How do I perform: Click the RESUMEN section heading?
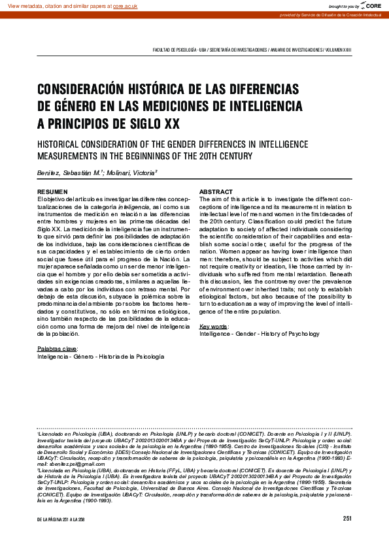pos(52,191)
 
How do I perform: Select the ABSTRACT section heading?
pos(216,191)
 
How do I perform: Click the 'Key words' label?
pos(214,326)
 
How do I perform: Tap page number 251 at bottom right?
pos(347,519)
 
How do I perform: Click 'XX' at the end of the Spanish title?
pos(172,123)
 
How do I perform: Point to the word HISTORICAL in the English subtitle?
pos(63,144)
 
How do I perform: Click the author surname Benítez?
pos(49,173)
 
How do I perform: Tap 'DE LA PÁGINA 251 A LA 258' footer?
pos(62,519)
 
